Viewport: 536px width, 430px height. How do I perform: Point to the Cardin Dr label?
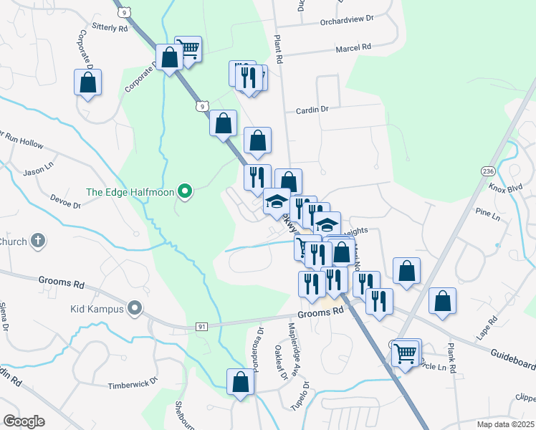tap(312, 110)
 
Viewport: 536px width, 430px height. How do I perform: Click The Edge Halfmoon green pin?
tap(185, 191)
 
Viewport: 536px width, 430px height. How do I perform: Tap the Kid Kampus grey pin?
tap(134, 309)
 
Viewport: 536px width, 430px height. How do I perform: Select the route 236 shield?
tap(488, 172)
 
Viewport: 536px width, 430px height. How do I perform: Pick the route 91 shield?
tap(203, 327)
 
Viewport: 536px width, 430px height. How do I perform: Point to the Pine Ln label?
tap(487, 214)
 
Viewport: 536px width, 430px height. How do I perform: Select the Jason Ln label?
tap(34, 173)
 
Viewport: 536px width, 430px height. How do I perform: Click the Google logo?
tap(24, 421)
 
